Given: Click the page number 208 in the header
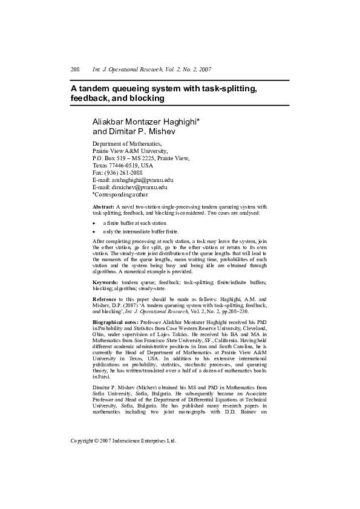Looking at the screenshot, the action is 76,70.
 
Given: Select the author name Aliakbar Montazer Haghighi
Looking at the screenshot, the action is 145,122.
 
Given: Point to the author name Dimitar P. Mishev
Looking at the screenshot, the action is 134,131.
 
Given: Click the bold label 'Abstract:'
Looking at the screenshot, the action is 103,207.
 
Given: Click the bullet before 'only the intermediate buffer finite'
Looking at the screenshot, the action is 94,232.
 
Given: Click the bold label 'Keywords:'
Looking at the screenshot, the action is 105,282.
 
